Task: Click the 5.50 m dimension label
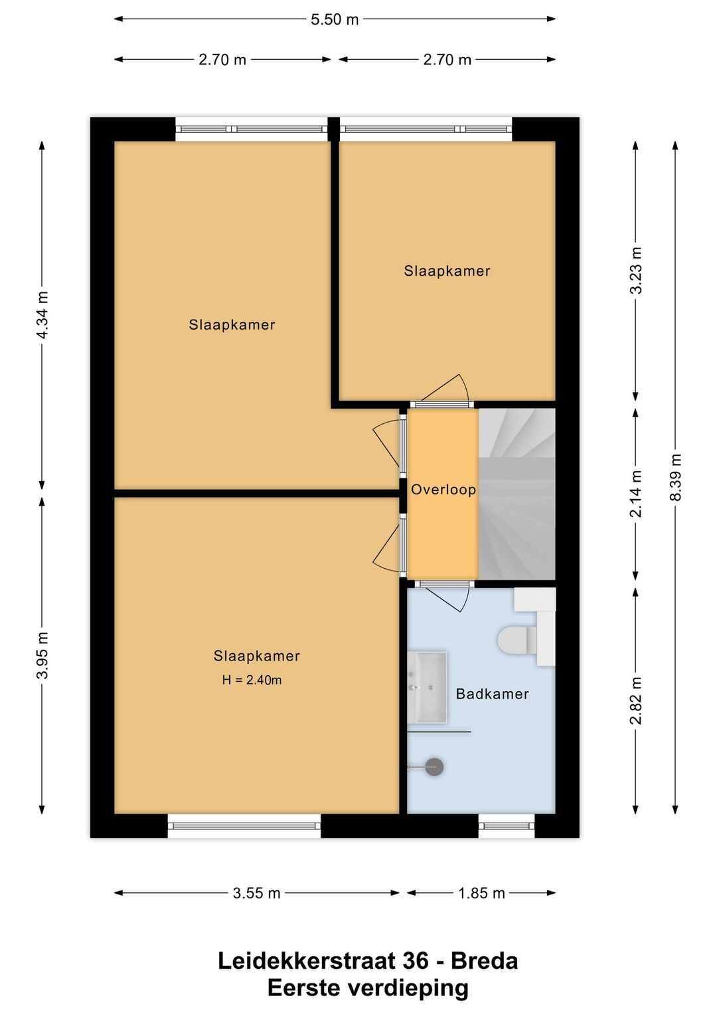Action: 335,19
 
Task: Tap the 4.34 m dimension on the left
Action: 42,315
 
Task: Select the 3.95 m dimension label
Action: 42,655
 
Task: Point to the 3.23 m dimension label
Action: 636,270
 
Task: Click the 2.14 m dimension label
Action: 636,494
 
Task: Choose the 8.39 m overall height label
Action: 675,477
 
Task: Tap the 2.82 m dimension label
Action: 636,701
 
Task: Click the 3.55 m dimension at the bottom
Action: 256,893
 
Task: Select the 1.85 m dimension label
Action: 481,893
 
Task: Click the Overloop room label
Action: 443,490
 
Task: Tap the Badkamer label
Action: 492,694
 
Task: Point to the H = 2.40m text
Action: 252,680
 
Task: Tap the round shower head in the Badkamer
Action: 434,767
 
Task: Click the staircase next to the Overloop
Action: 517,493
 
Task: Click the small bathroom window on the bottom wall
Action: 507,826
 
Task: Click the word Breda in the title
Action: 484,961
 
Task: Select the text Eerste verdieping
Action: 368,988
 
